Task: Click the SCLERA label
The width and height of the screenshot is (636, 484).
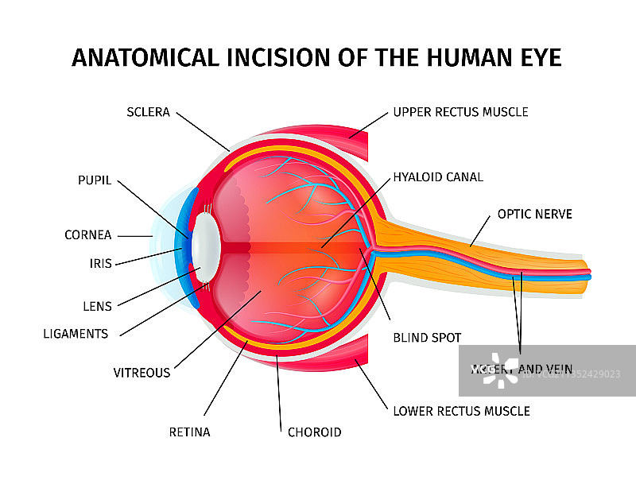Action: (x=148, y=112)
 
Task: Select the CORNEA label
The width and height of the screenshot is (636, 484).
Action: (x=87, y=235)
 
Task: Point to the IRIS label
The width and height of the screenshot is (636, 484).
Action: (x=100, y=264)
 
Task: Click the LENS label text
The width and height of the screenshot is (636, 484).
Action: (x=97, y=305)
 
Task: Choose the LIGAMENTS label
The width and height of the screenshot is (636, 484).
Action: (x=76, y=334)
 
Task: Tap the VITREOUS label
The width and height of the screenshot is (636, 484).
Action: (x=142, y=372)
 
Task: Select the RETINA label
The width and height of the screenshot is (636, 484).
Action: (x=189, y=432)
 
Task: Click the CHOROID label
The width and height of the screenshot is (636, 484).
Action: (x=314, y=432)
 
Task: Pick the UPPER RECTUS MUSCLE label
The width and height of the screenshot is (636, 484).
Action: (x=460, y=112)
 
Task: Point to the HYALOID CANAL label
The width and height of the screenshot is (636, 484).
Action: (x=438, y=177)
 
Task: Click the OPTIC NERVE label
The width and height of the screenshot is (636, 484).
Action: (x=534, y=214)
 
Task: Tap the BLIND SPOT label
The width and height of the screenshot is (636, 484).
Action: (x=427, y=338)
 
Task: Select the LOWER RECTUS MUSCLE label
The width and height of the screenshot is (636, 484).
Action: (x=461, y=411)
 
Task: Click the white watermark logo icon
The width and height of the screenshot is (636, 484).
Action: (x=498, y=370)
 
